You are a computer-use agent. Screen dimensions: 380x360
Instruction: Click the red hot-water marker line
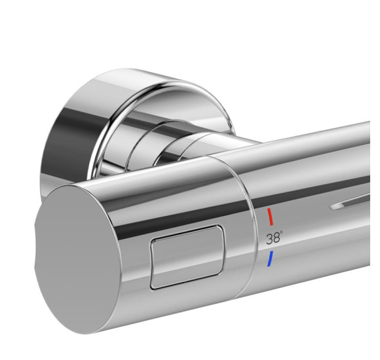pos(270,217)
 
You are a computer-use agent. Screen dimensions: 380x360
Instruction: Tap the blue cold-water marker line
pos(270,259)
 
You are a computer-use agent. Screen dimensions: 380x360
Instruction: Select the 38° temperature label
pos(275,238)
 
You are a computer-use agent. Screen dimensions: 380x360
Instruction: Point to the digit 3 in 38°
pos(270,239)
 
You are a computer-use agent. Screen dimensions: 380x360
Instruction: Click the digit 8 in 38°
pos(276,238)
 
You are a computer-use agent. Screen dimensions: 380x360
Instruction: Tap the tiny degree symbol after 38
pos(281,232)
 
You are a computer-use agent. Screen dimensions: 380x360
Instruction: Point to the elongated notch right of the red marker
pos(350,203)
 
